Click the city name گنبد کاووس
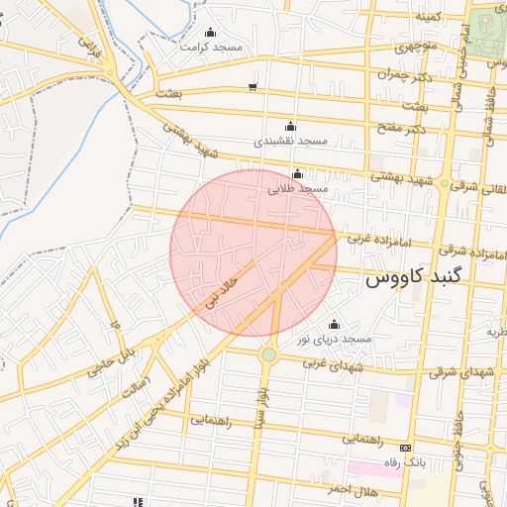tap(428, 278)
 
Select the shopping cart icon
tap(253, 86)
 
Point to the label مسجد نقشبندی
tap(290, 141)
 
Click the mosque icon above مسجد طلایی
tap(297, 174)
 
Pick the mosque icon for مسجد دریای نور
tap(333, 324)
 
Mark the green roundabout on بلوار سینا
tap(268, 354)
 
